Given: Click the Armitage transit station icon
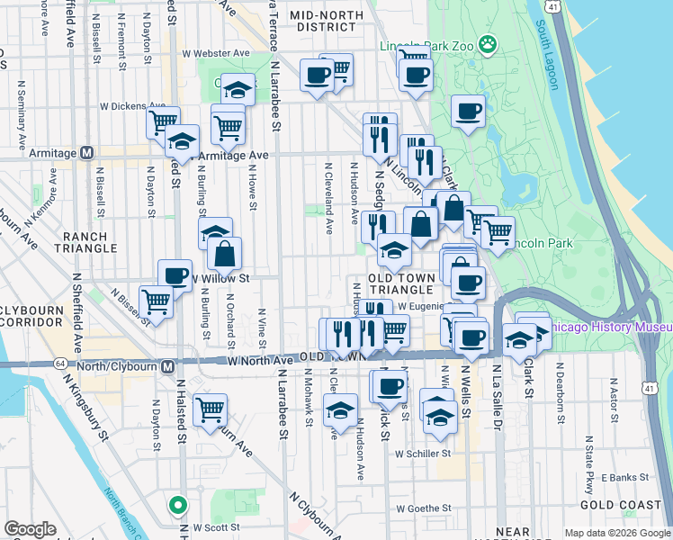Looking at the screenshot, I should tap(86, 153).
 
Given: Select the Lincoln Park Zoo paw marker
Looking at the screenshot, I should tap(488, 42).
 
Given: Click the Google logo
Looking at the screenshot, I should tap(31, 529).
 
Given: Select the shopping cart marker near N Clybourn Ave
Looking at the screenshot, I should tap(210, 410).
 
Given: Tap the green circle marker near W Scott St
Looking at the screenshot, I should tap(178, 504).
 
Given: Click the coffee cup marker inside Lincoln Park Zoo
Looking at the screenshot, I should tap(468, 112).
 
